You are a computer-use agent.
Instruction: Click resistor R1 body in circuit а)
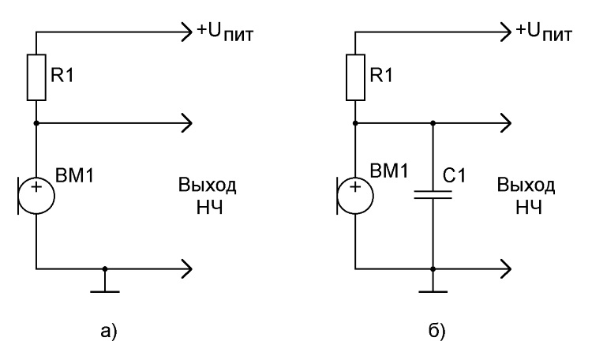36,77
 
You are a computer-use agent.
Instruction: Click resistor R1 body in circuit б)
355,77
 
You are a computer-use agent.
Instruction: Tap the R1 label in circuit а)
62,75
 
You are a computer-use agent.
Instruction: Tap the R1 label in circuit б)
381,75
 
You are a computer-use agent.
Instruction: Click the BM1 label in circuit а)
74,175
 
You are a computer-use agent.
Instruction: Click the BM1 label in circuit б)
389,171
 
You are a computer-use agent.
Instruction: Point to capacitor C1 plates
433,194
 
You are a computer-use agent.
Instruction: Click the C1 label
454,175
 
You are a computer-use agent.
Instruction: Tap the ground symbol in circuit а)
105,291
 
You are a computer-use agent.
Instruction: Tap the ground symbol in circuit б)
433,291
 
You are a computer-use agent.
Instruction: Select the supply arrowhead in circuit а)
187,32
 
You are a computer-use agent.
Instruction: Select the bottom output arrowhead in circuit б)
506,269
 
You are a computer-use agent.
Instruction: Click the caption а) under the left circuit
109,331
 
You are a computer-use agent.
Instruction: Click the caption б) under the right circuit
437,331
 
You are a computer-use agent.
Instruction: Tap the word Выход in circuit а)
208,185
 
